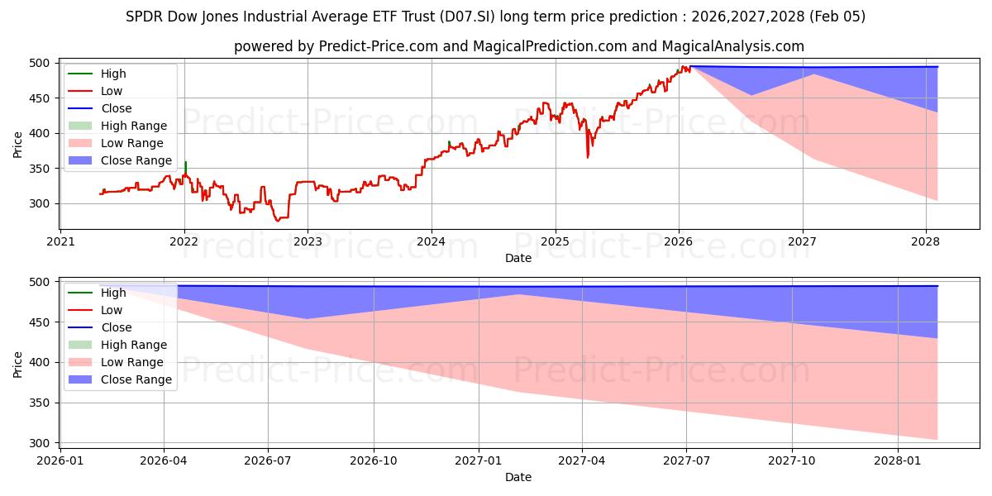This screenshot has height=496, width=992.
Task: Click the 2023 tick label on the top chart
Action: pos(308,242)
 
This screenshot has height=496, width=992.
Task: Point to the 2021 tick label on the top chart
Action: pos(60,242)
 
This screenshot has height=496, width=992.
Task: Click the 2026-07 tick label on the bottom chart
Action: pos(269,461)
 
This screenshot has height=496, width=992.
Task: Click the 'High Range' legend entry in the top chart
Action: pos(133,126)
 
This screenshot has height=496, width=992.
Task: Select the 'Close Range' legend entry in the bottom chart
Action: pos(136,379)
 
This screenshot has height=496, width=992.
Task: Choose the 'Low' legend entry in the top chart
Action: pos(112,91)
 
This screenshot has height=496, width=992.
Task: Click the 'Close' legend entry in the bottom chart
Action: pos(116,327)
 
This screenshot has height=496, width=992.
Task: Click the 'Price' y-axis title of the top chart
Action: pos(18,145)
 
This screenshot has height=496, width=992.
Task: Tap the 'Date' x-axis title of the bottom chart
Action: pos(517,477)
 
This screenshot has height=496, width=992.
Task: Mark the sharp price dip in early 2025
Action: pos(588,155)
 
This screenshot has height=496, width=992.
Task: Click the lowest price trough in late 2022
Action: pos(278,220)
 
